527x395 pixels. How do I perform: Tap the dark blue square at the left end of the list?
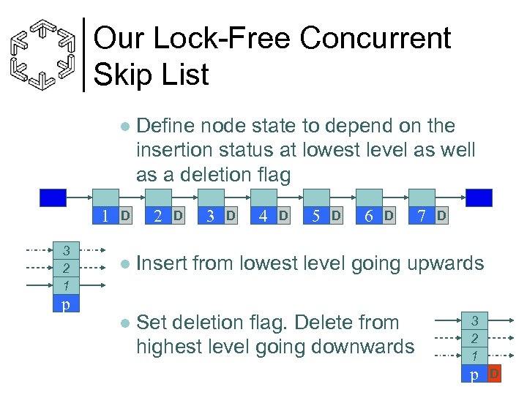[53, 198]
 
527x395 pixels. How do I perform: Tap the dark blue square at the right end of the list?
[479, 198]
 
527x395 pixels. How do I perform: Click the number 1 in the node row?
[106, 217]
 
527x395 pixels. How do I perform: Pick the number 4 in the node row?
[263, 217]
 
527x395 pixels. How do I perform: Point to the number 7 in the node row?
[422, 217]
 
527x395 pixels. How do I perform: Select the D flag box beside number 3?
[231, 216]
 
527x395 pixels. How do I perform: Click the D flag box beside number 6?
[389, 216]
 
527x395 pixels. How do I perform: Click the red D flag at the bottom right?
[495, 375]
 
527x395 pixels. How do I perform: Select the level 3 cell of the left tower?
[66, 250]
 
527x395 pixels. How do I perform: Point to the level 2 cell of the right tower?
[474, 339]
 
